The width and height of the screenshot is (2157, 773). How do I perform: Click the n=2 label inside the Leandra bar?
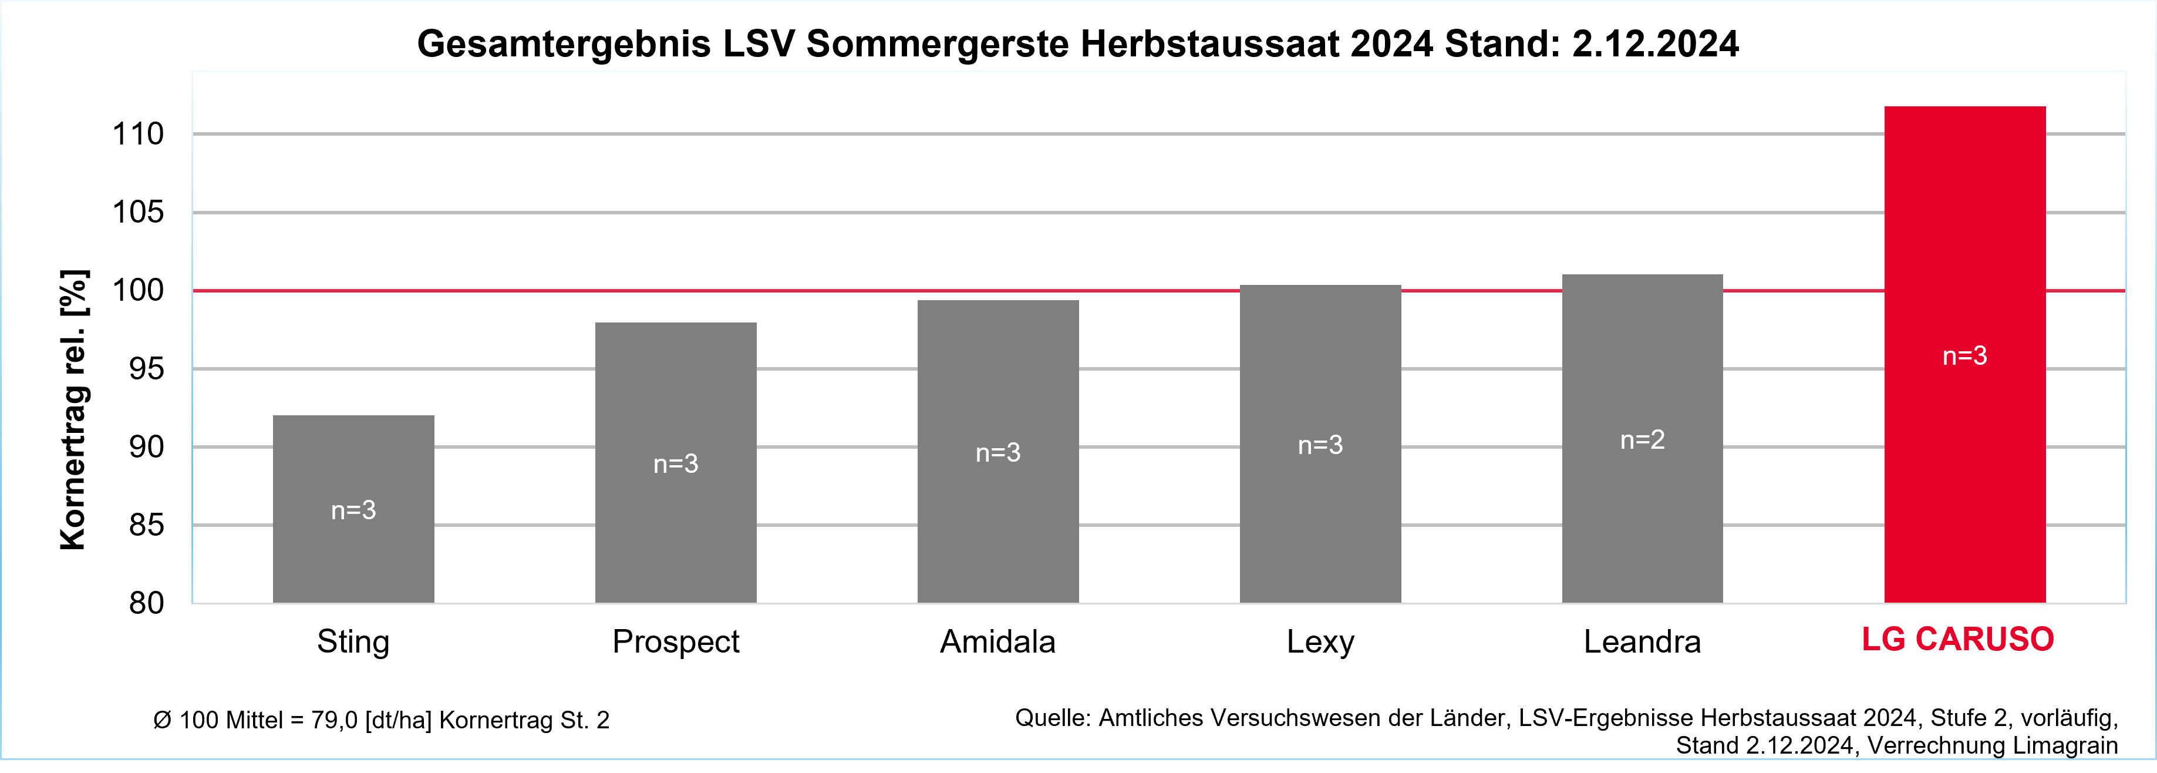[1642, 440]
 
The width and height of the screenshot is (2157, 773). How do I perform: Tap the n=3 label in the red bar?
[1964, 356]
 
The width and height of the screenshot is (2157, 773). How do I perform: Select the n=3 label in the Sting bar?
[353, 510]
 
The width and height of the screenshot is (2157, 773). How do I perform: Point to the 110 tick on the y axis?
[138, 134]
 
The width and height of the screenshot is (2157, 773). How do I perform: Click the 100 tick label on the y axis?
[138, 291]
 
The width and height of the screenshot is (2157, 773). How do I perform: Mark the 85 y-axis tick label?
[147, 525]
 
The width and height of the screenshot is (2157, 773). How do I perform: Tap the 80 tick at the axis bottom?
[147, 603]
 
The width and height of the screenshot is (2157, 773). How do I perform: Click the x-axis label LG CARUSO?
[1958, 640]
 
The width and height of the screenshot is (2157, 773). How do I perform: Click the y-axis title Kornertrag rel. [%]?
[74, 411]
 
